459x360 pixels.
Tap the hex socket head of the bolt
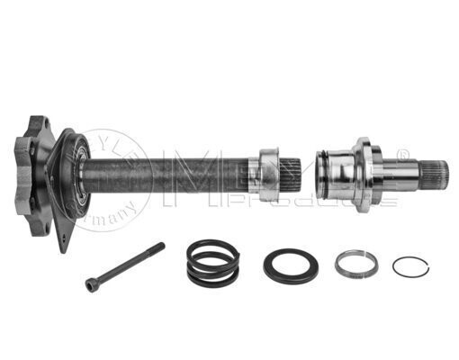(x=91, y=284)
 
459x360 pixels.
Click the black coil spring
(x=212, y=262)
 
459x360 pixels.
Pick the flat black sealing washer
(x=290, y=266)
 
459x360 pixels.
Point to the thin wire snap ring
(x=409, y=266)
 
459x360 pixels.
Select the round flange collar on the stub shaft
(x=361, y=174)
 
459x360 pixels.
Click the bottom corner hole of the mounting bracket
(x=62, y=243)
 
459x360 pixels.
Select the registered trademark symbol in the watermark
(x=403, y=152)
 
